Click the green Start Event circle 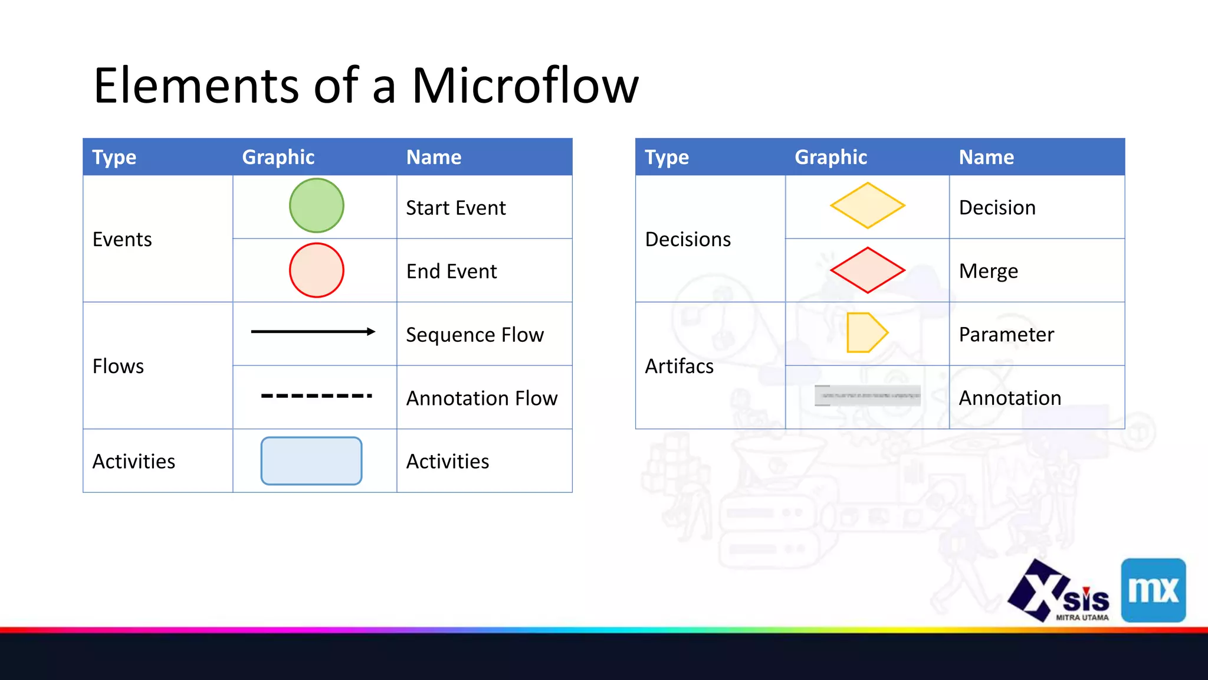pos(316,205)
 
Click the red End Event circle pos(316,270)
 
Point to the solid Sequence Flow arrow pos(313,332)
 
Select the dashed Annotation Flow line pos(316,395)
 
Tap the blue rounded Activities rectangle pos(311,461)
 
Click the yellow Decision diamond pos(867,205)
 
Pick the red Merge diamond pos(867,270)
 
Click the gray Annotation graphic pos(867,395)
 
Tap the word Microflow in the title pos(525,86)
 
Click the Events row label pos(122,239)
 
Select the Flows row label pos(118,366)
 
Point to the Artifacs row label pos(679,366)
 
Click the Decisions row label pos(688,239)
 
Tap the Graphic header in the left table pos(278,157)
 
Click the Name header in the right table pos(986,157)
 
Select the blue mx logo pos(1153,590)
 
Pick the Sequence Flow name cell pos(475,335)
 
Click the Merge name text pos(989,271)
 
